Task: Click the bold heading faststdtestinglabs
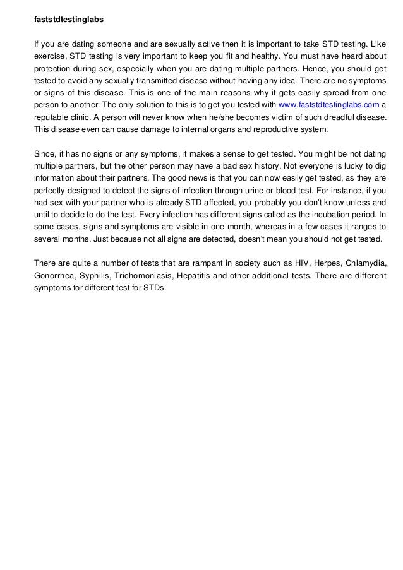(68, 20)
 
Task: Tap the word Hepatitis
(195, 276)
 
